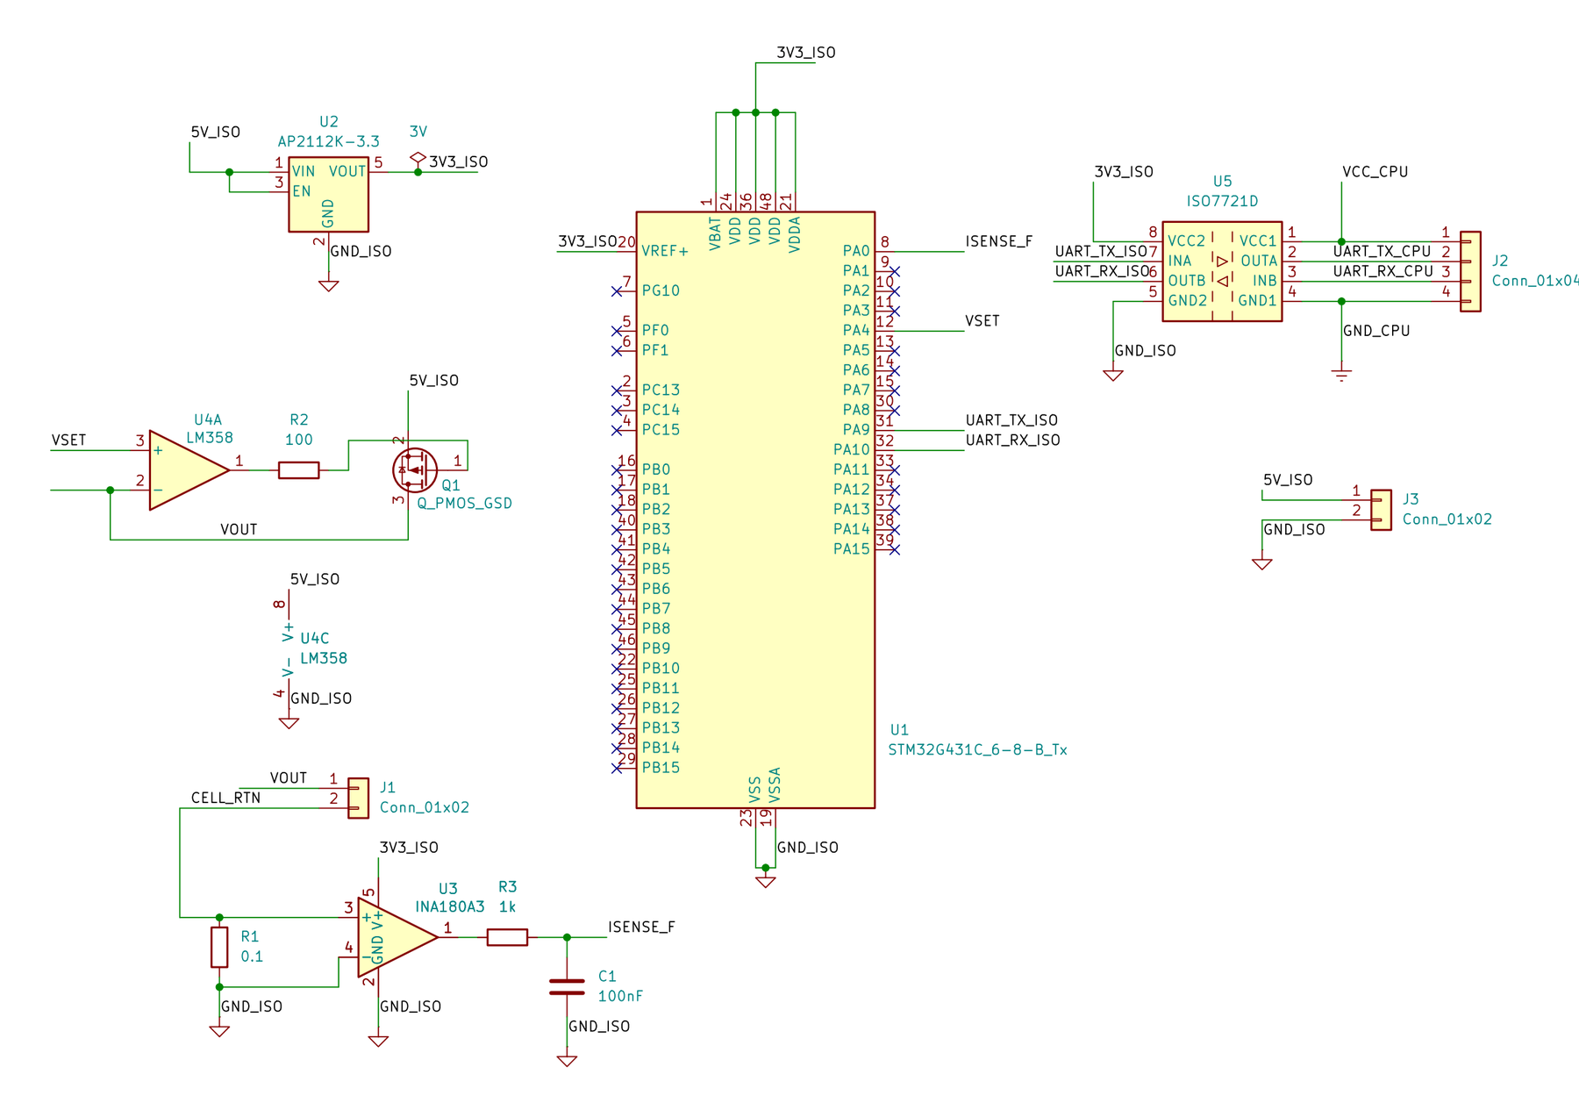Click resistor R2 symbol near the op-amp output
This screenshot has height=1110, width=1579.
298,470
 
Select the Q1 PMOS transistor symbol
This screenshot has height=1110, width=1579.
415,470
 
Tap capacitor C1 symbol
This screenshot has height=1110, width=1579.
567,987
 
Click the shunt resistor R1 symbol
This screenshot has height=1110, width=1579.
219,948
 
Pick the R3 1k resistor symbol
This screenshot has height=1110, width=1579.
507,937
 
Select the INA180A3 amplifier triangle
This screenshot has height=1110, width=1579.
397,937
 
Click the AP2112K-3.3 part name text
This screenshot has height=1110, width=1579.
328,141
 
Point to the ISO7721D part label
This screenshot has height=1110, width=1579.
1222,201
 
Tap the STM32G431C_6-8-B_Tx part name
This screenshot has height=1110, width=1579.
977,750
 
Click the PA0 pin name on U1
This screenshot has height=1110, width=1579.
855,251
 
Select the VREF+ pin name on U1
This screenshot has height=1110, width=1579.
664,251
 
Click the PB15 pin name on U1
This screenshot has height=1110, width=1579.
661,768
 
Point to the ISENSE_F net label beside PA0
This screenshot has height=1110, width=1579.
998,241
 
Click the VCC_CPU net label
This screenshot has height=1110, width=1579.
1375,172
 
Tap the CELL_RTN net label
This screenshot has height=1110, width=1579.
225,798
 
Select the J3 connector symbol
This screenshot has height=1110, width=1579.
1381,510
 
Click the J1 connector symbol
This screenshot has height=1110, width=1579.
358,798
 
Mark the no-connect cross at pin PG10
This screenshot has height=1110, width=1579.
617,291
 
